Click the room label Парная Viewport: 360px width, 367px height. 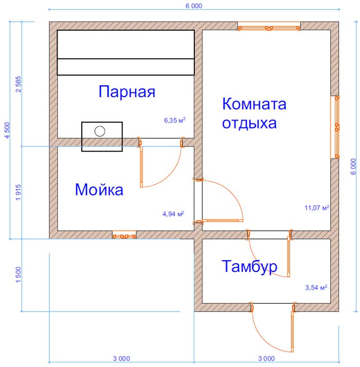point(127,91)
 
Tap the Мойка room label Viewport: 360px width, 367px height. point(99,190)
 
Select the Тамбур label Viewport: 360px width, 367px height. point(249,266)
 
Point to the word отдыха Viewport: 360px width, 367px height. point(249,123)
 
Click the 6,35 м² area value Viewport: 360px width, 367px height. point(175,120)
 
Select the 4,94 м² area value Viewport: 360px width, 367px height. point(173,214)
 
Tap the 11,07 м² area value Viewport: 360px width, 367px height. point(317,208)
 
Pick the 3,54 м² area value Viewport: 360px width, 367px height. point(316,287)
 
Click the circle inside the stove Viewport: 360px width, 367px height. point(100,131)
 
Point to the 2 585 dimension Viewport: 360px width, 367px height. point(19,84)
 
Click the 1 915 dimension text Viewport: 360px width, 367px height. point(19,192)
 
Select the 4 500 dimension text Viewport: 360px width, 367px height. point(7,130)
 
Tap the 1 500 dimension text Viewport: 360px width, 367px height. point(19,274)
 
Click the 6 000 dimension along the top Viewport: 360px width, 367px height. point(194,6)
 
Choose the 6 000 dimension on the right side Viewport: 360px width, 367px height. point(353,167)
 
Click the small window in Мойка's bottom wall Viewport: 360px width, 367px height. point(124,235)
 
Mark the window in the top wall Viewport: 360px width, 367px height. point(269,26)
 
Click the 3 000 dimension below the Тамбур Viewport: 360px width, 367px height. point(266,359)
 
